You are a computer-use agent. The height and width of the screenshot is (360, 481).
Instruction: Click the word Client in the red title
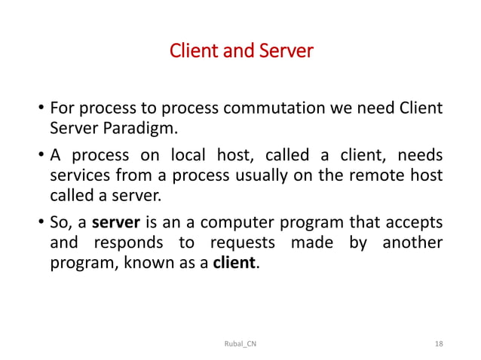coord(191,52)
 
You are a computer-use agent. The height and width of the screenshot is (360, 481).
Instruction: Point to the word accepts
coord(415,225)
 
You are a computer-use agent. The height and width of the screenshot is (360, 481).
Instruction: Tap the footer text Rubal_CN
coord(240,343)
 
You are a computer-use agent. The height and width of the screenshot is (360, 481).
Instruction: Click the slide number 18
coord(440,343)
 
